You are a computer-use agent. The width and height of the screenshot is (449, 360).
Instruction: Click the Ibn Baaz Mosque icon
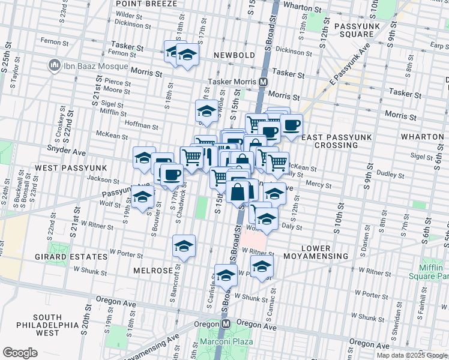pos(55,64)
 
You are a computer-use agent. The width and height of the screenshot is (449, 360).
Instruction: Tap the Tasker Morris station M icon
pos(263,82)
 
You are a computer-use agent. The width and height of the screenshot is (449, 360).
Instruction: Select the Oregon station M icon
pos(226,323)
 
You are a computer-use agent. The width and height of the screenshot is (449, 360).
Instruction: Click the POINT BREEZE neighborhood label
pos(146,4)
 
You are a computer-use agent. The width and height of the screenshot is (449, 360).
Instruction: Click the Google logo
pos(20,352)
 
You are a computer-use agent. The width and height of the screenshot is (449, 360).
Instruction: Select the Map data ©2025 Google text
pos(412,355)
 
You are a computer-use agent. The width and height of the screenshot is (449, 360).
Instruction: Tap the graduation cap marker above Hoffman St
pos(206,111)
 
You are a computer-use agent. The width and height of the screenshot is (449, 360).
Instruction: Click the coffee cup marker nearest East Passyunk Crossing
pos(292,125)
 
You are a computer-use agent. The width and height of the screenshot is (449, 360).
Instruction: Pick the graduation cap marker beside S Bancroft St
pos(184,246)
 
